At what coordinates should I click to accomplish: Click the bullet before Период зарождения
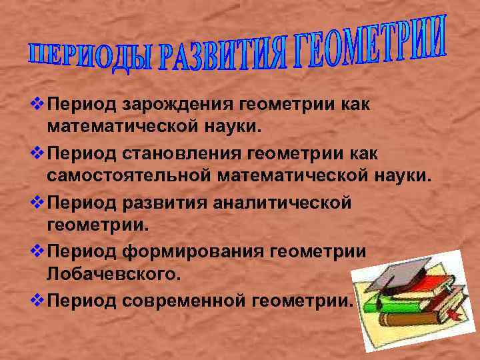pyautogui.click(x=39, y=104)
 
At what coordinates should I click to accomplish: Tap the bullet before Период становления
pyautogui.click(x=39, y=154)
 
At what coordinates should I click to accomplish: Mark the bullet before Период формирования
pyautogui.click(x=39, y=251)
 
